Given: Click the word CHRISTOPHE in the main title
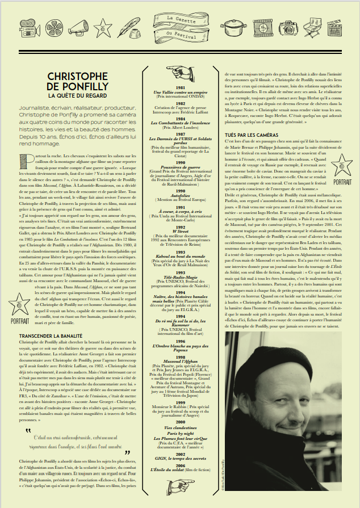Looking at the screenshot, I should tap(77, 75).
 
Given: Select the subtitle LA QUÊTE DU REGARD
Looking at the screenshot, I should tap(77, 96).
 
